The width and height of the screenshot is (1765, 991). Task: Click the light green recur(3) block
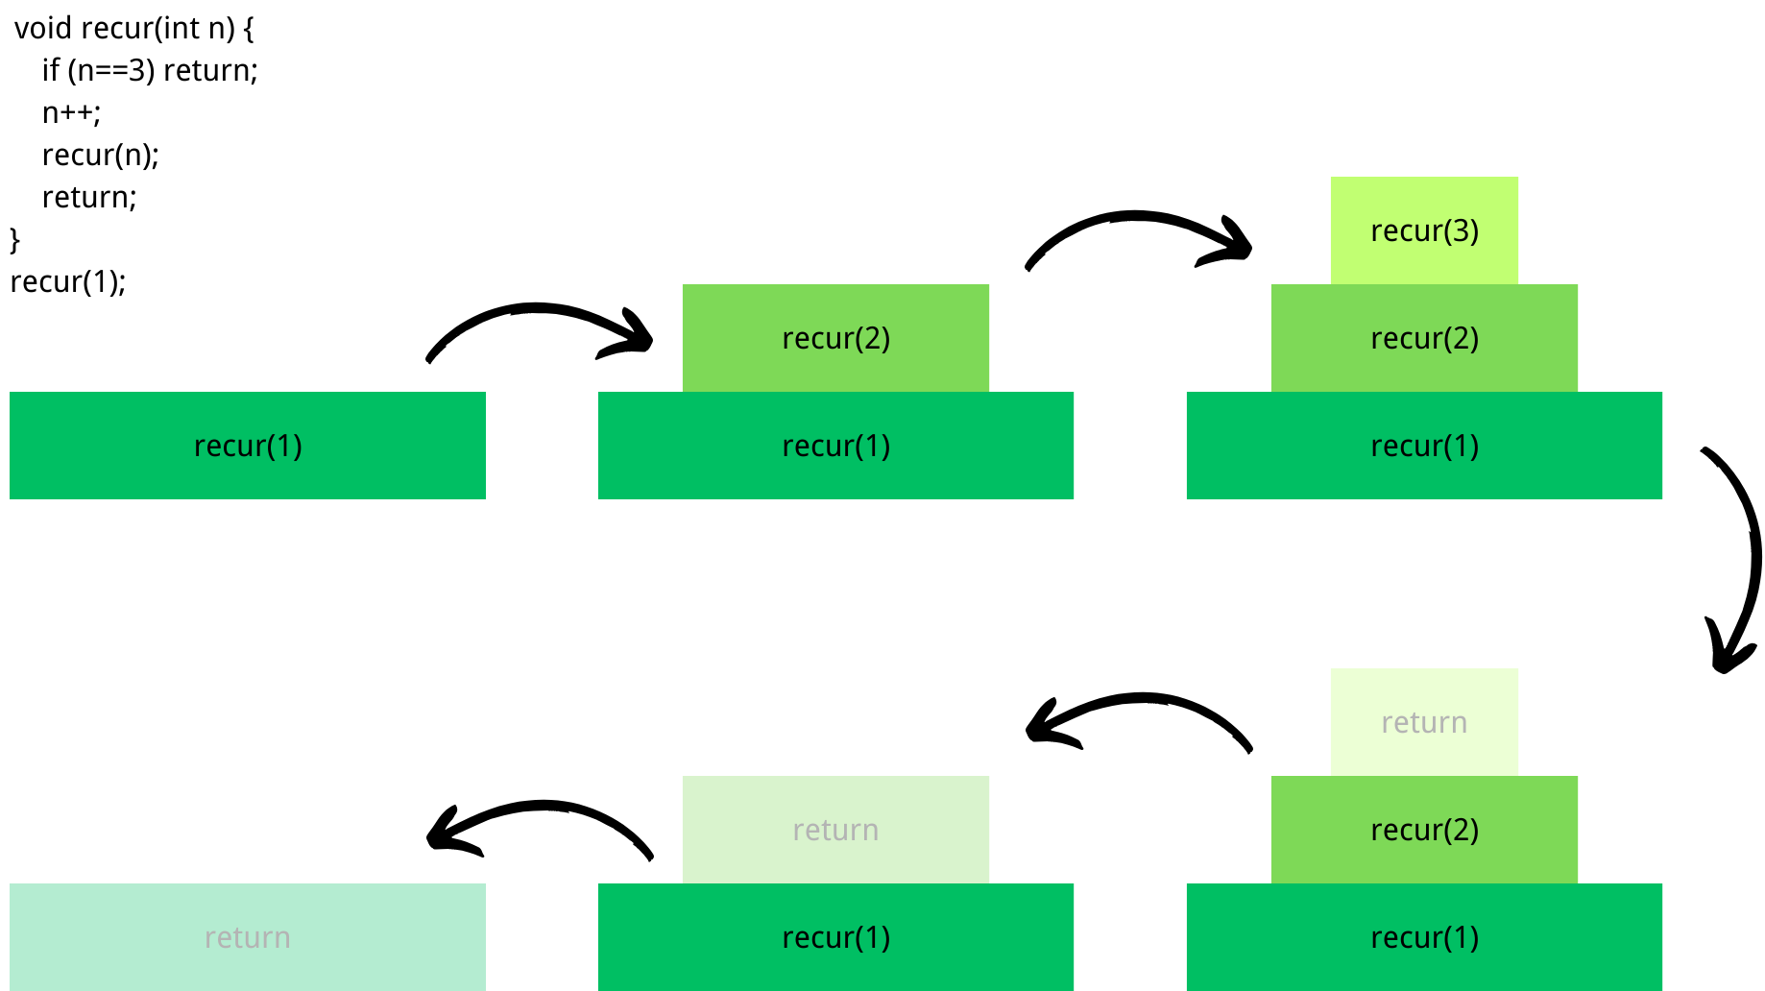point(1424,230)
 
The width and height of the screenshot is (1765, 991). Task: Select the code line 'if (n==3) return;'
point(150,70)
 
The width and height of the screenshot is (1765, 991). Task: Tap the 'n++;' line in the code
point(71,112)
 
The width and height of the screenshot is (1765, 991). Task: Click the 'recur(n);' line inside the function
point(100,155)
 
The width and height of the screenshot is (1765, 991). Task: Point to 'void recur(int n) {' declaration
point(133,28)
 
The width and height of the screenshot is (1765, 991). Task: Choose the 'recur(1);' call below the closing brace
point(67,281)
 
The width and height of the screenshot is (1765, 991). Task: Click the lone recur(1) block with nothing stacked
point(248,446)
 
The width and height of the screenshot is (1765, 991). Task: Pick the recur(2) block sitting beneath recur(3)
point(1424,338)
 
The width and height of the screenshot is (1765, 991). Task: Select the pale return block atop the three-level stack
point(1424,722)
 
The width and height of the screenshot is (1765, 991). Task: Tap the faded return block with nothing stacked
point(248,937)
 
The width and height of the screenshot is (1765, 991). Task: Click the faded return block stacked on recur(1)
point(835,830)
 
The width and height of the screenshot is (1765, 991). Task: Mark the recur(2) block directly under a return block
point(1424,830)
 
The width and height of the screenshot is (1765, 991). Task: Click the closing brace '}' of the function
point(14,239)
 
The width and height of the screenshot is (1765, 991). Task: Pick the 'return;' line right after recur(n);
point(89,197)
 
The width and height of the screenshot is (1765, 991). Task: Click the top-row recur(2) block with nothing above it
point(835,338)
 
